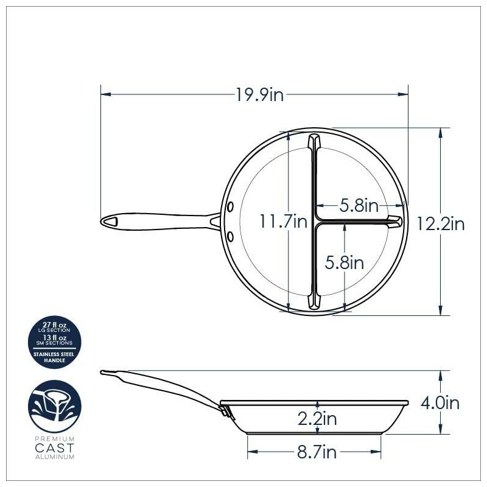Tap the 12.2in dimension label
(x=441, y=224)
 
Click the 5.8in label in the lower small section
(x=344, y=262)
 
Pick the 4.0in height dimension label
(x=440, y=402)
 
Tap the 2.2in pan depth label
(x=317, y=419)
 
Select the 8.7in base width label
(x=317, y=453)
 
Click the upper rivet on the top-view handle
(x=231, y=208)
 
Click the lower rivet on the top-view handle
(x=231, y=235)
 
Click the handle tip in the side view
(x=104, y=372)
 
